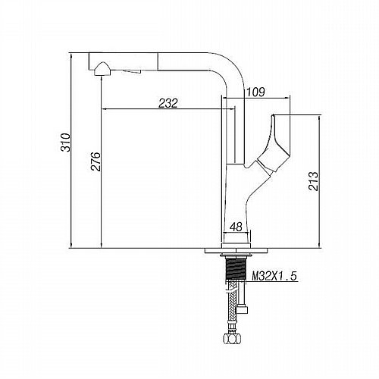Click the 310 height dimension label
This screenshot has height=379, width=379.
[66, 143]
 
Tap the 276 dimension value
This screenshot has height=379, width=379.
[96, 161]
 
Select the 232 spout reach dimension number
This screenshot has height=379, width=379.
[168, 103]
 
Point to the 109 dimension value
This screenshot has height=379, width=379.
[255, 92]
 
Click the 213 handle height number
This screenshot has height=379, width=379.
[313, 181]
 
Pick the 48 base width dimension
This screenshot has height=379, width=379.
[236, 227]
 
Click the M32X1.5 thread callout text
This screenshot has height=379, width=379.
[274, 276]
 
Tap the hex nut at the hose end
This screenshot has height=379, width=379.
[232, 338]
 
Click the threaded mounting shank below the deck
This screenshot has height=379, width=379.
[236, 268]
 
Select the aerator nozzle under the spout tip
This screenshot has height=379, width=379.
[102, 69]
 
